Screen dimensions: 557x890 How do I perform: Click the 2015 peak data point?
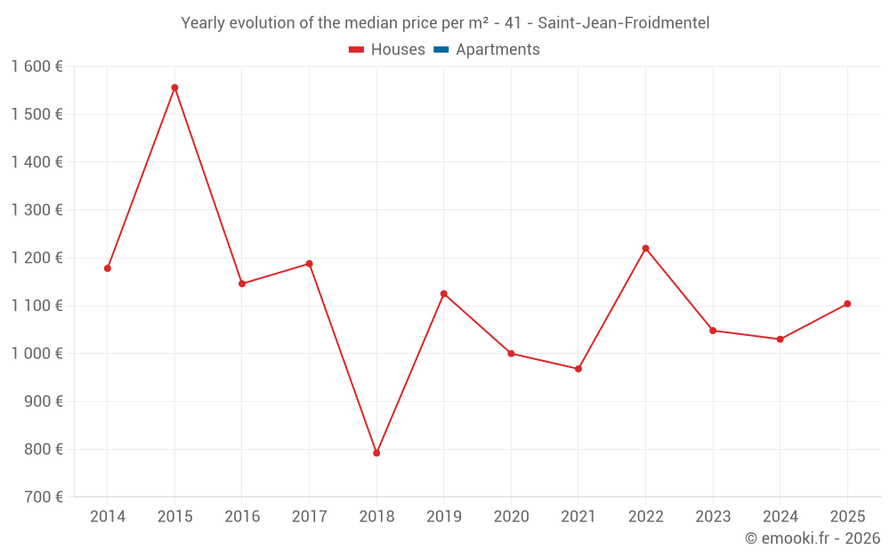[x=174, y=87]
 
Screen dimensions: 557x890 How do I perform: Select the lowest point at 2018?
[x=376, y=453]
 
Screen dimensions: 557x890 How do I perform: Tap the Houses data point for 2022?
[x=645, y=249]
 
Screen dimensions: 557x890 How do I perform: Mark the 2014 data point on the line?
[x=108, y=268]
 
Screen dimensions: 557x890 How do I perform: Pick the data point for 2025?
[x=847, y=304]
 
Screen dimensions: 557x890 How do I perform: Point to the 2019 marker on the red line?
[x=444, y=294]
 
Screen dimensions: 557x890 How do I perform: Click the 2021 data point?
[x=578, y=369]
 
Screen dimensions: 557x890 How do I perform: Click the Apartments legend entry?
[x=498, y=50]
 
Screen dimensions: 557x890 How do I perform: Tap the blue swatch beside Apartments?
[x=441, y=50]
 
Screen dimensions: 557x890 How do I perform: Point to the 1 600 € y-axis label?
[x=36, y=67]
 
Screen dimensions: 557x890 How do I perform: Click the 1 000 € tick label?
[x=36, y=354]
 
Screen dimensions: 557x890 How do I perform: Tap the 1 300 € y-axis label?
[x=36, y=210]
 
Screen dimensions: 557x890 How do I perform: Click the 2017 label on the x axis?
[x=309, y=517]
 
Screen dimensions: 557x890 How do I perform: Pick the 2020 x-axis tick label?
[x=511, y=517]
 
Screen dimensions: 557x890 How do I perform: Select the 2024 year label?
[x=781, y=517]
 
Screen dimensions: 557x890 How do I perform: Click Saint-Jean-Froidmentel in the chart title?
[x=624, y=23]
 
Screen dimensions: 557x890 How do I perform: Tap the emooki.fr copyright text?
[x=813, y=538]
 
